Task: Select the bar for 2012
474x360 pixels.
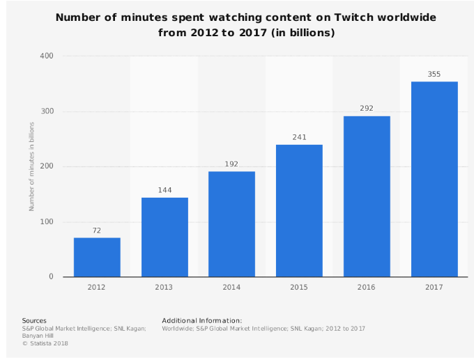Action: click(97, 257)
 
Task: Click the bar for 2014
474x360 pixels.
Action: click(231, 224)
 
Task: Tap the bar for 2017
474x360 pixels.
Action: click(434, 179)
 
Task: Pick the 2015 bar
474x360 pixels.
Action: click(299, 210)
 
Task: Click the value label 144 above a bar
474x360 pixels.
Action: click(165, 190)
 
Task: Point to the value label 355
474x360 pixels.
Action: click(434, 74)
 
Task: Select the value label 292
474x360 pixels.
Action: click(367, 109)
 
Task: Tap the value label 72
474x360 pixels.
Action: click(97, 230)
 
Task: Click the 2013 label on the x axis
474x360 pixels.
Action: click(165, 286)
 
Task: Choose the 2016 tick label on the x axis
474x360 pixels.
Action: click(367, 286)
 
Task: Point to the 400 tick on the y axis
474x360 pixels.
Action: click(47, 56)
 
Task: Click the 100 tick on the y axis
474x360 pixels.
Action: click(47, 222)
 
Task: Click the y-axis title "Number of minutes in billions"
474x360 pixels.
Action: click(31, 166)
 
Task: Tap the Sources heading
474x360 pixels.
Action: click(34, 320)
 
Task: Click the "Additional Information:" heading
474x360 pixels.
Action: click(202, 320)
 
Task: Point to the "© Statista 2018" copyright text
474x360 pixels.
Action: click(45, 343)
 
